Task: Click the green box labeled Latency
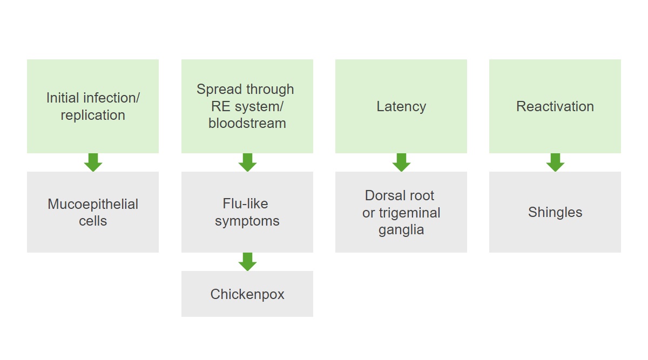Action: pos(401,106)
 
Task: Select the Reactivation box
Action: pos(555,106)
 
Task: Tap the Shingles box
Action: pos(555,212)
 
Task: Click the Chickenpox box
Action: pos(247,294)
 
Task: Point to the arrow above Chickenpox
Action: pos(247,262)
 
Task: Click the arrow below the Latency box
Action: pos(401,162)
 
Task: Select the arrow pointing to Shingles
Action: pos(555,162)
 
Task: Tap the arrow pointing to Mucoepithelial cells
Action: pos(93,162)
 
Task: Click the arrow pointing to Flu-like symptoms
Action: pos(247,162)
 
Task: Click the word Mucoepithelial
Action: pos(93,204)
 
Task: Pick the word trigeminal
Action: pos(410,213)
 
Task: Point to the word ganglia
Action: pos(401,230)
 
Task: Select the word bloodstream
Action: pos(247,123)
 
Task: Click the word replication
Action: pos(93,116)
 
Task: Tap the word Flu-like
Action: pos(245,203)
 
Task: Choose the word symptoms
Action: pos(247,221)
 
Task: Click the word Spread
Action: pos(217,90)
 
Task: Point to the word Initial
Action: pos(63,98)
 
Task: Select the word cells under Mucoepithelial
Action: pos(93,221)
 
